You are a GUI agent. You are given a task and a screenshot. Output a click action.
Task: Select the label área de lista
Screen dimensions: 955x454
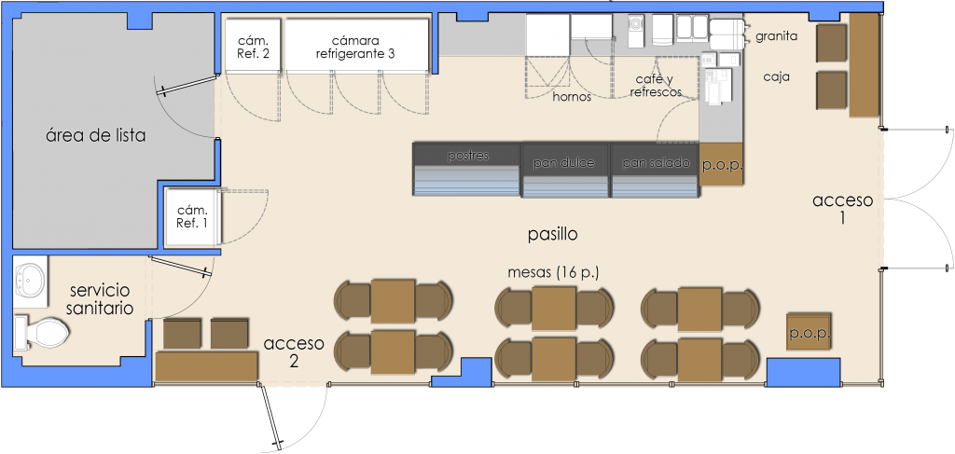[96, 135]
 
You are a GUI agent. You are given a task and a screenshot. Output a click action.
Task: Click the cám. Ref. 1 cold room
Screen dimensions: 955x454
[192, 216]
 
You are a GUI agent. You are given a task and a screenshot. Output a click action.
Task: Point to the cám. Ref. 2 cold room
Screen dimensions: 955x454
[254, 47]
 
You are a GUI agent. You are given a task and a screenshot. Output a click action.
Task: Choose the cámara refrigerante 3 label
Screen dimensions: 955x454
[355, 48]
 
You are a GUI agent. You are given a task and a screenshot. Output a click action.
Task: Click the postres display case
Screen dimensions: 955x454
[466, 169]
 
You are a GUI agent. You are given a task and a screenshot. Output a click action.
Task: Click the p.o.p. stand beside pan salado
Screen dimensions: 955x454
[722, 164]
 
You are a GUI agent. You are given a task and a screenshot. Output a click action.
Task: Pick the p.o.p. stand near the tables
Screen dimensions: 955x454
[809, 332]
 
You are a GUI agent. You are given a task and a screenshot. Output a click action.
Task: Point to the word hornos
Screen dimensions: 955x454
[572, 97]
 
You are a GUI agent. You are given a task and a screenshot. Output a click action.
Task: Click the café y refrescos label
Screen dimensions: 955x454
[656, 86]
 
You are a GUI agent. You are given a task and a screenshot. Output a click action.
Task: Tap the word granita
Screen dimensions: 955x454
[777, 36]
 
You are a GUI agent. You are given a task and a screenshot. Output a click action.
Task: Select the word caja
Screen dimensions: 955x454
[777, 77]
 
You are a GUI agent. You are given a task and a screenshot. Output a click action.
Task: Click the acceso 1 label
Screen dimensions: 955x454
[843, 209]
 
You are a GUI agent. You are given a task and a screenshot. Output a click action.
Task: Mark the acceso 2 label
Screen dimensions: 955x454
[294, 351]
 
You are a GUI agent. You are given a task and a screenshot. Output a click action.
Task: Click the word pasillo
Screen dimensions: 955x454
[552, 234]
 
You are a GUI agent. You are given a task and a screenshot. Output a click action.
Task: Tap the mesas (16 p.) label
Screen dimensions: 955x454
[553, 272]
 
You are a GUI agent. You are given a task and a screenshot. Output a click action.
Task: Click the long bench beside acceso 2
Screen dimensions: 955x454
[206, 365]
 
